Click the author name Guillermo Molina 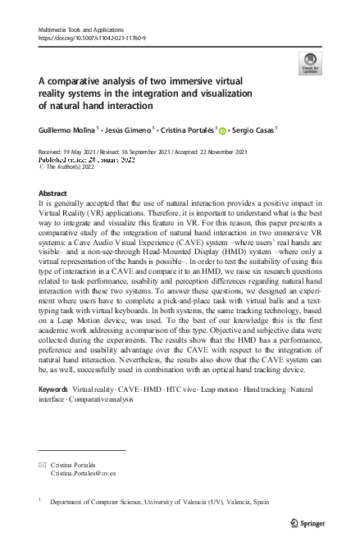[x=66, y=129]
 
